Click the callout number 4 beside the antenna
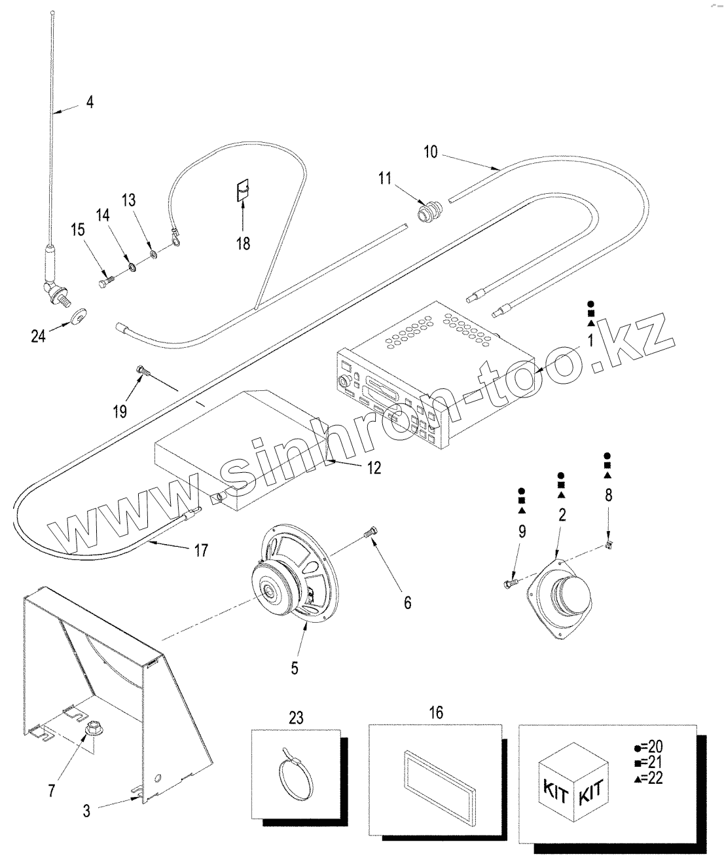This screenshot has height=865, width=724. point(90,103)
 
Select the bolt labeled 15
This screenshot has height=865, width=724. point(106,282)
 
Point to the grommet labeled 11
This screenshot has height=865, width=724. point(430,210)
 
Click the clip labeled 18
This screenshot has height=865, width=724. point(243,191)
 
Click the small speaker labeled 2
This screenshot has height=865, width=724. point(560,597)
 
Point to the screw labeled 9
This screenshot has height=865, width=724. point(511,581)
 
